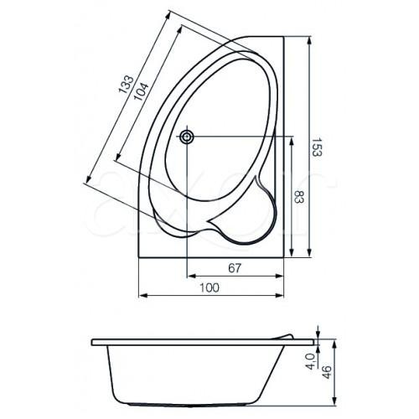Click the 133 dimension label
click(x=127, y=84)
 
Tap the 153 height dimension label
click(x=317, y=147)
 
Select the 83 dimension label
click(x=299, y=197)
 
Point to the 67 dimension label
click(x=235, y=268)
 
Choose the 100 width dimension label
click(x=209, y=287)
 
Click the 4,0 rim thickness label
click(x=310, y=361)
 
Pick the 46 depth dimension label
click(x=327, y=372)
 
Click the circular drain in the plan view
click(x=187, y=137)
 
